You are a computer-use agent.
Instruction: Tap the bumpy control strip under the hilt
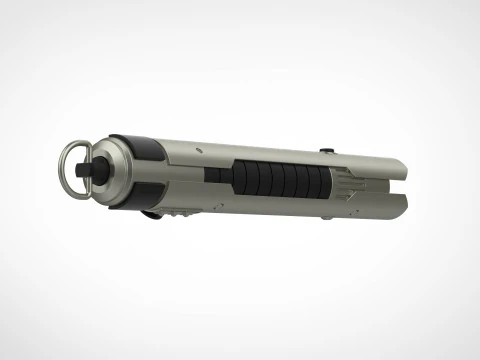click(181, 213)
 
